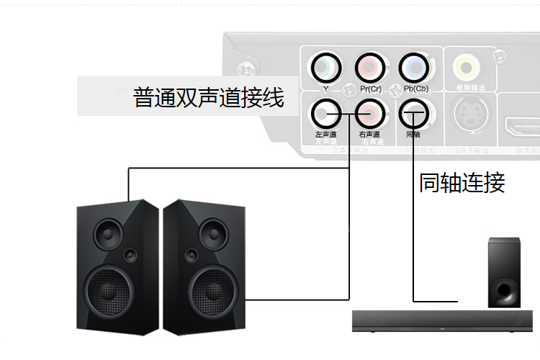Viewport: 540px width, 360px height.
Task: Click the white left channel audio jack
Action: (325, 112)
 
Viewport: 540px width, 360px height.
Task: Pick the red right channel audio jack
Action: (370, 112)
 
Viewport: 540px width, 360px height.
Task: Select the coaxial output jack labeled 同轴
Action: (413, 112)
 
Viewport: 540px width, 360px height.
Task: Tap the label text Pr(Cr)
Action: (370, 89)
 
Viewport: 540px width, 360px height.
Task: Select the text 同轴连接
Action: (462, 183)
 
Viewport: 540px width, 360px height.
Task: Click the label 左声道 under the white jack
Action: (325, 135)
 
